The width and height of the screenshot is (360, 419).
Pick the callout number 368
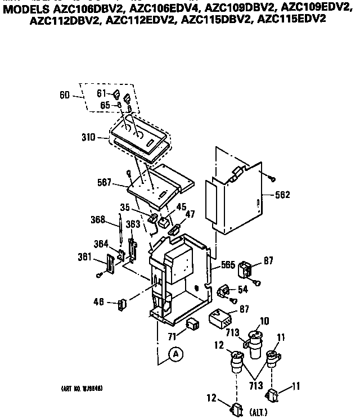click(98, 220)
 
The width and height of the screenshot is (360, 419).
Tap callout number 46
click(99, 303)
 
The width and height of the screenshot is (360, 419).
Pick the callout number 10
click(264, 321)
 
